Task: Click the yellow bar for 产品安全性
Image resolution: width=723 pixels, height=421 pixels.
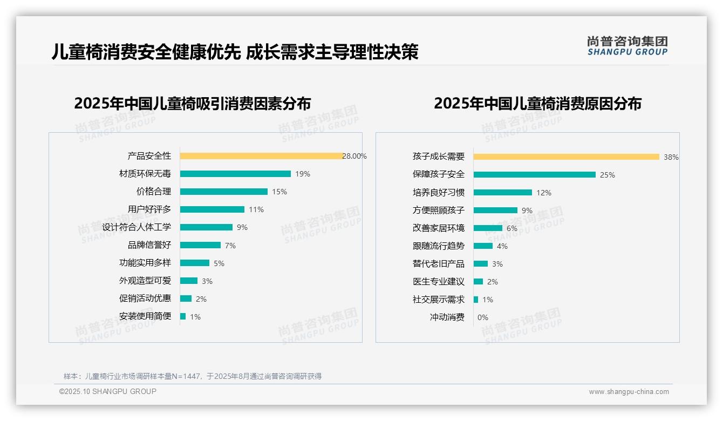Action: [261, 156]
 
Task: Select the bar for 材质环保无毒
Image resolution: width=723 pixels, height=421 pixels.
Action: [235, 174]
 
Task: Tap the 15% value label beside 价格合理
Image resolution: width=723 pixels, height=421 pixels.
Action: [279, 192]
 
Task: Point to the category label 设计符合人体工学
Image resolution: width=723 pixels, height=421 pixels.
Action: [137, 227]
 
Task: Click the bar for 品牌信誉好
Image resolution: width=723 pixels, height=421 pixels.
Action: [200, 245]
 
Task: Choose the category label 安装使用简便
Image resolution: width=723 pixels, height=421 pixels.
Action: [145, 316]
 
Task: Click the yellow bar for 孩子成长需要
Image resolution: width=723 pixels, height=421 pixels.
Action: [566, 157]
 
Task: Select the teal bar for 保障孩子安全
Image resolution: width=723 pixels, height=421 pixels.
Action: [534, 174]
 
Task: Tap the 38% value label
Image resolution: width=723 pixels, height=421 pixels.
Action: [671, 157]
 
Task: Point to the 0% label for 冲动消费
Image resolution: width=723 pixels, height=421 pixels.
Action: [482, 317]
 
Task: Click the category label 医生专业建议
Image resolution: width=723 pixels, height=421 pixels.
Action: [438, 282]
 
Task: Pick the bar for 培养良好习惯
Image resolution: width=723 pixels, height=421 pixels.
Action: [502, 192]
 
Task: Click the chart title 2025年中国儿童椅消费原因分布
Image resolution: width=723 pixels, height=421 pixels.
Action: [537, 104]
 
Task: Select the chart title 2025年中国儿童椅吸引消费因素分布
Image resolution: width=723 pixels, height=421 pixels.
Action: [193, 104]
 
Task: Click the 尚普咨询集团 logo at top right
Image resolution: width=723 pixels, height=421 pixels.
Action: [627, 46]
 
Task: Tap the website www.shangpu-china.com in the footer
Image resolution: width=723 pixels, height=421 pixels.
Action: [629, 392]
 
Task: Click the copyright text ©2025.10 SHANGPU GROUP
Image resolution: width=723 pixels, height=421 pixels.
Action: [108, 391]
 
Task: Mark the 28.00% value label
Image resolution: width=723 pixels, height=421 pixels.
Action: [354, 156]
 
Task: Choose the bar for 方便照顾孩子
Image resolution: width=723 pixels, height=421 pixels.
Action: [495, 210]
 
